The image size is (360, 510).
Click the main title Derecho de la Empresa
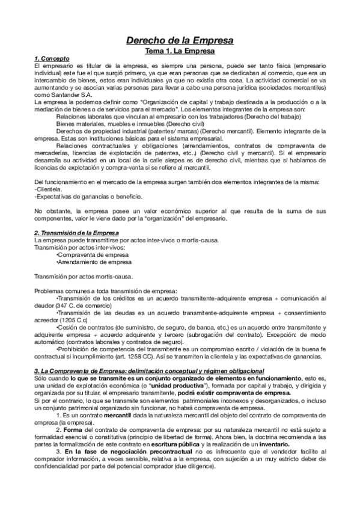tap(180, 41)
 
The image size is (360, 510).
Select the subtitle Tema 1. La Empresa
tap(180, 52)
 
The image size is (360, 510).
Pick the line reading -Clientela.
tap(48, 189)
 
